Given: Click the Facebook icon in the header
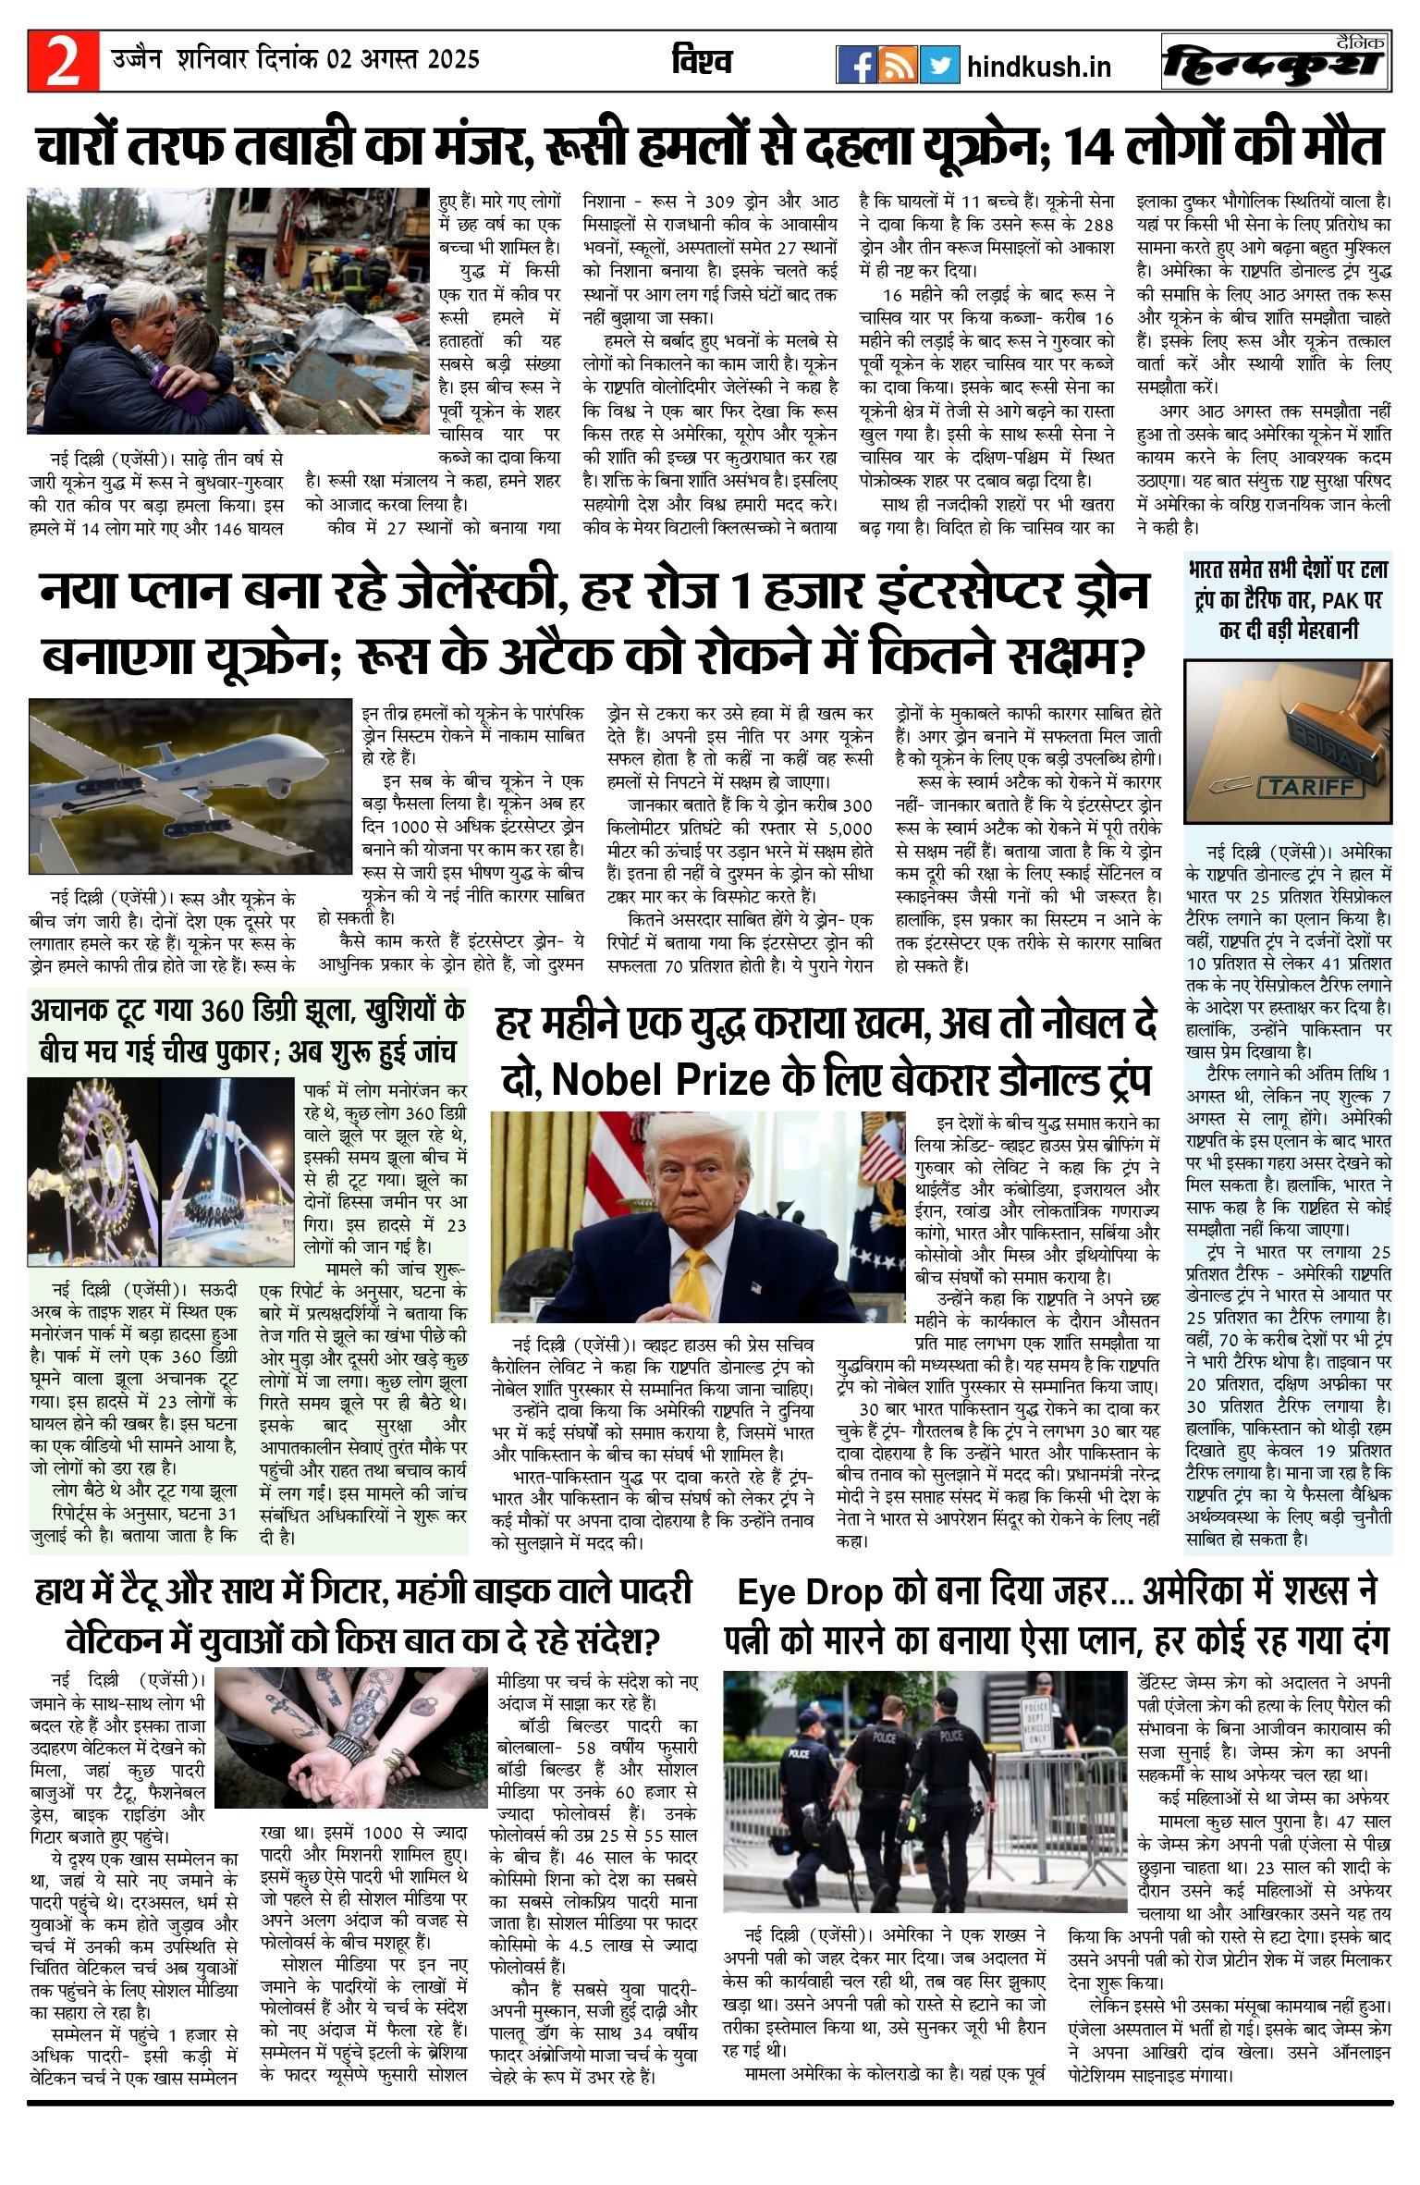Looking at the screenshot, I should [856, 65].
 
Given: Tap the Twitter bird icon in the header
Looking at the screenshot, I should [939, 65].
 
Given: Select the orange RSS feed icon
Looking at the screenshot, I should [898, 65].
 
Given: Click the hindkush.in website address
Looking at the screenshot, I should [1039, 68].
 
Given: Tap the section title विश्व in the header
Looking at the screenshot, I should [703, 61].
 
